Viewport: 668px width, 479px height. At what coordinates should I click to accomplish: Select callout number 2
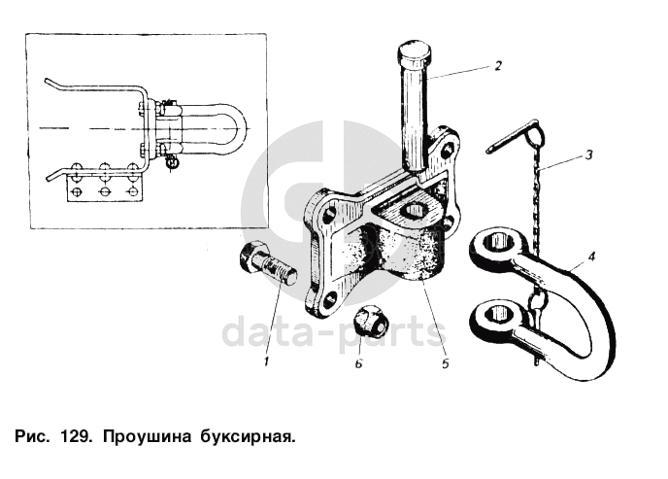click(x=496, y=66)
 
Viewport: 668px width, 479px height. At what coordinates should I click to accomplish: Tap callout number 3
click(x=588, y=154)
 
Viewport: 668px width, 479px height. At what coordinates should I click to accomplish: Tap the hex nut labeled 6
click(x=369, y=320)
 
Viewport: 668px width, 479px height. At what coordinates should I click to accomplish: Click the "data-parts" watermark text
click(x=334, y=332)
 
